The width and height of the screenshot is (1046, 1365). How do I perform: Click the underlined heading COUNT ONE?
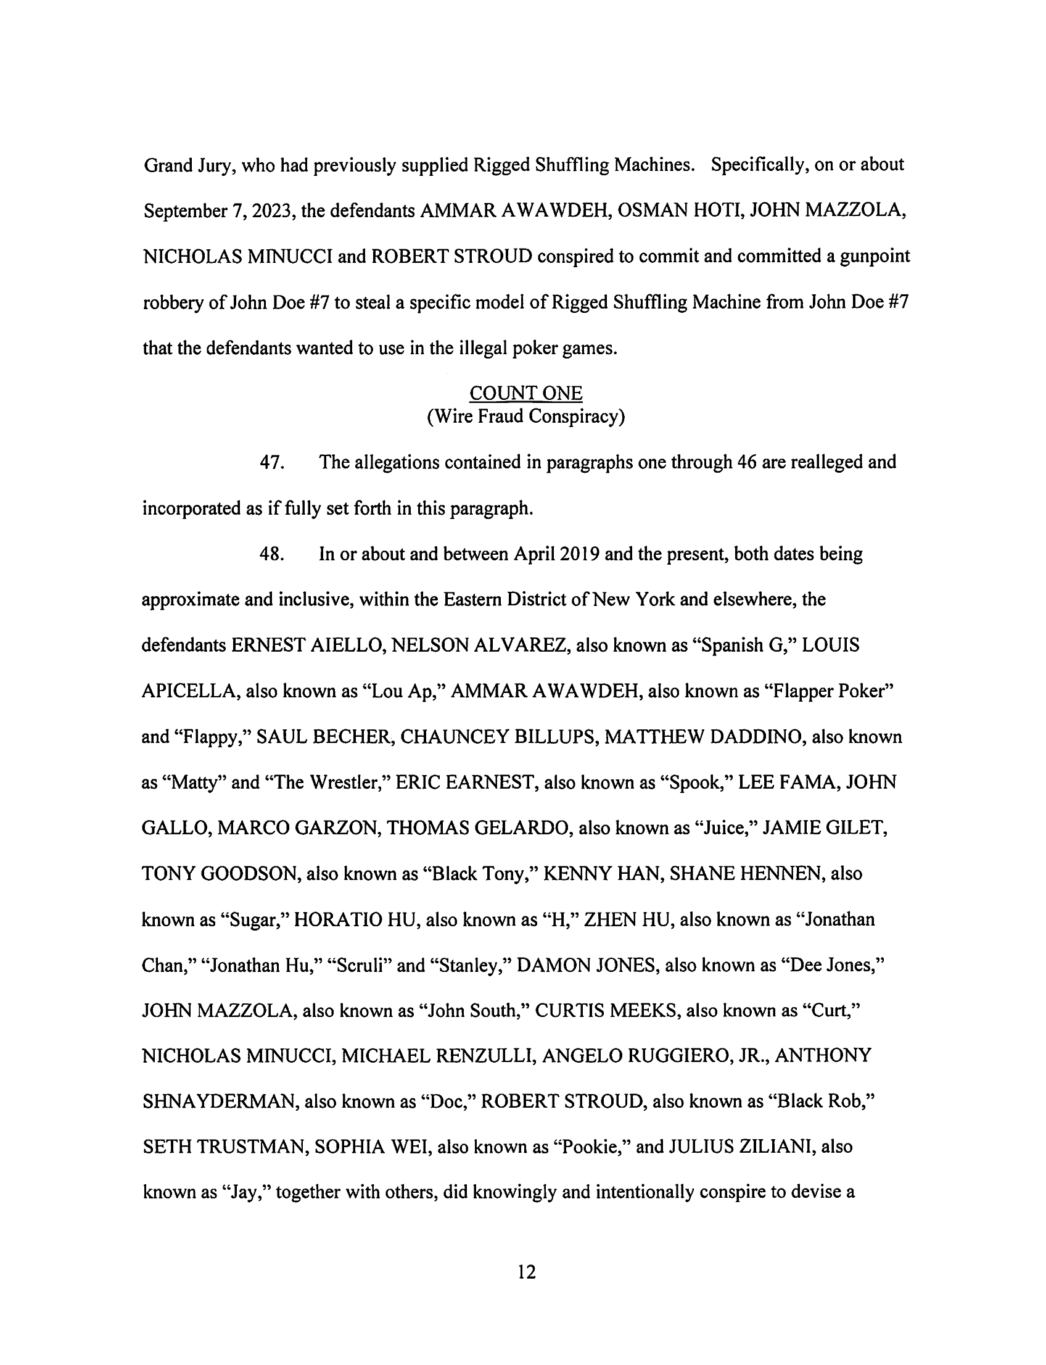(x=525, y=393)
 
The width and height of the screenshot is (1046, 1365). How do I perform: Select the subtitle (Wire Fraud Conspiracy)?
(x=525, y=416)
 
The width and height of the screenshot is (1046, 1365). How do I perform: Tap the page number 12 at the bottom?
(x=526, y=1272)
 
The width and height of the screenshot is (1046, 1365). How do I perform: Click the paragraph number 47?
(x=272, y=462)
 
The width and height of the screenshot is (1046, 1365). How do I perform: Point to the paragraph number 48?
(x=272, y=554)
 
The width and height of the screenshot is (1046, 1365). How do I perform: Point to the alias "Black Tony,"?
(x=479, y=873)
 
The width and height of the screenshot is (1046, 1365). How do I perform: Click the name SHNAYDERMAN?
(x=219, y=1102)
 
